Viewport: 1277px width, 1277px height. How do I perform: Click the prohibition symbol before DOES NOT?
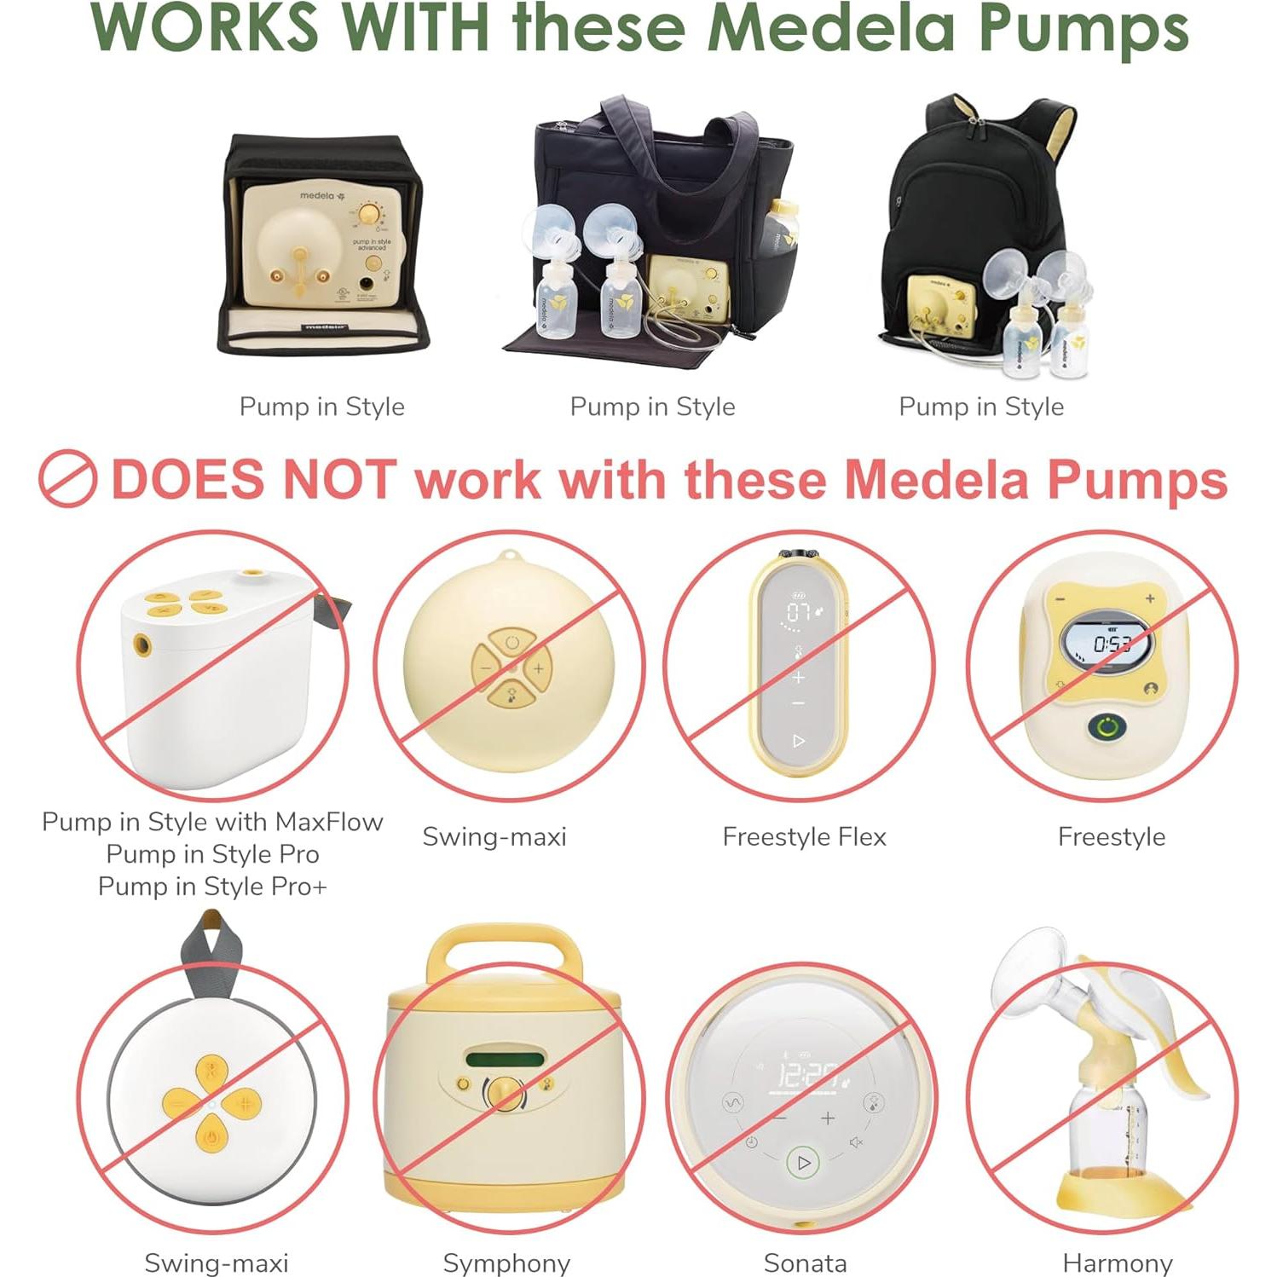pyautogui.click(x=67, y=479)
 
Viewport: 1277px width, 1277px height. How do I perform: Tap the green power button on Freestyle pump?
pyautogui.click(x=1107, y=728)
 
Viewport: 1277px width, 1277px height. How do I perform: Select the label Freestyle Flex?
pyautogui.click(x=804, y=836)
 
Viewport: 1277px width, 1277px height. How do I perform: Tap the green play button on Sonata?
pyautogui.click(x=803, y=1162)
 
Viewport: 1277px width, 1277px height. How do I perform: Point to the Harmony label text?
pyautogui.click(x=1117, y=1263)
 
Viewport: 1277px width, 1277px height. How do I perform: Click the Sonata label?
pyautogui.click(x=805, y=1263)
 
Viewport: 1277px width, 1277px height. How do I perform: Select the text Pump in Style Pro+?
pyautogui.click(x=212, y=887)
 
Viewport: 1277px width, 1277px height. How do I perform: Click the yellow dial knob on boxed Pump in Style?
pyautogui.click(x=369, y=214)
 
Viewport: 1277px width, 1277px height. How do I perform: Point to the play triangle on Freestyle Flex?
pyautogui.click(x=798, y=741)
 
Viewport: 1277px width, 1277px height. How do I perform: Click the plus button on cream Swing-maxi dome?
pyautogui.click(x=538, y=669)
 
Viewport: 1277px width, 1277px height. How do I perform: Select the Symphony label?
pyautogui.click(x=506, y=1263)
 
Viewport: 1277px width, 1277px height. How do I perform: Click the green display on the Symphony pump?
pyautogui.click(x=504, y=1060)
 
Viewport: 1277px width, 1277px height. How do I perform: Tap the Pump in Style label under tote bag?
pyautogui.click(x=652, y=407)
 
